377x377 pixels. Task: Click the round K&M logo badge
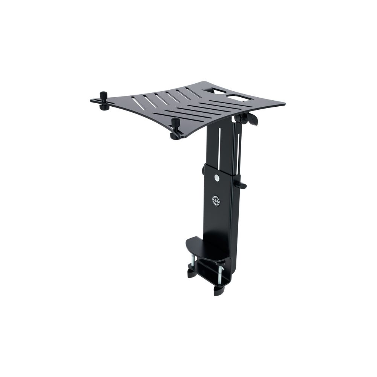tap(216, 200)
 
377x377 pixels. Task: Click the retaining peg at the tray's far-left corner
tap(103, 100)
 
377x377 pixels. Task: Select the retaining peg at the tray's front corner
tap(175, 128)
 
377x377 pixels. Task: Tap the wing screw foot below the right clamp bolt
tap(218, 291)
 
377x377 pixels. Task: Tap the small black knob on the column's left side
tap(204, 170)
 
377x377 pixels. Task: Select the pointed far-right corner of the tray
tap(284, 104)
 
